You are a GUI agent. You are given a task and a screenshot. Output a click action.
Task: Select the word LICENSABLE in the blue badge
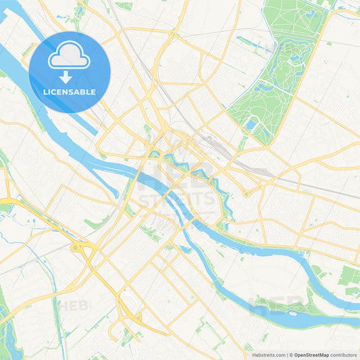70,92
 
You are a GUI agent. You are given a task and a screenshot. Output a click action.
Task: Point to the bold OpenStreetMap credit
311,354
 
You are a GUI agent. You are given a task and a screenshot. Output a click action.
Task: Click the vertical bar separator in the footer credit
287,354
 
